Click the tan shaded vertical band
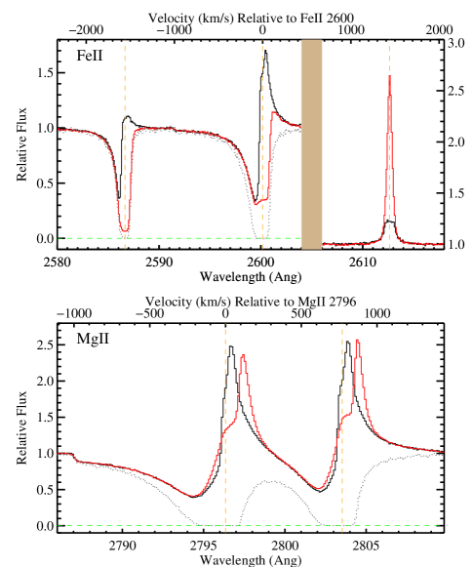click(x=311, y=144)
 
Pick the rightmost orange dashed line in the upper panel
click(x=389, y=156)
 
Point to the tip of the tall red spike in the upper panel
click(x=389, y=76)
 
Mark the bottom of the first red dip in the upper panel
click(x=124, y=231)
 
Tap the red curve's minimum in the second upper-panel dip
click(x=257, y=203)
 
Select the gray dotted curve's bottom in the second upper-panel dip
click(x=259, y=237)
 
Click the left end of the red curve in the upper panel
click(x=59, y=129)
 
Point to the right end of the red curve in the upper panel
click(x=443, y=243)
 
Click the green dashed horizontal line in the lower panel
click(x=146, y=525)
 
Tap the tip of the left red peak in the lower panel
click(x=243, y=355)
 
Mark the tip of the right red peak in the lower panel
click(x=358, y=340)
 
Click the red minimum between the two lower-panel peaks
click(x=320, y=488)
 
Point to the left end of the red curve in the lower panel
click(x=58, y=454)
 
